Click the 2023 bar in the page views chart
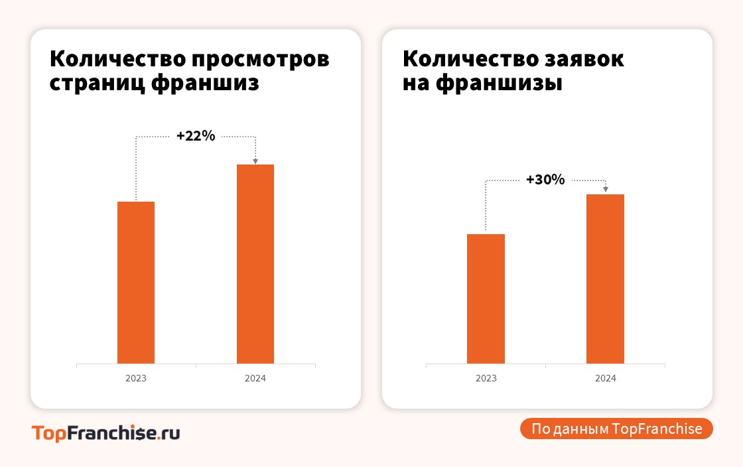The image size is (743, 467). (x=136, y=282)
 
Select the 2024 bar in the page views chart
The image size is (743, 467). (x=255, y=263)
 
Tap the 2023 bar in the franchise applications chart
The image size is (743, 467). (x=486, y=299)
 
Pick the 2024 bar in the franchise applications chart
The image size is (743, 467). (x=605, y=279)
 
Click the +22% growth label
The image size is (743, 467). (x=196, y=136)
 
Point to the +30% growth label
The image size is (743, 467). (x=545, y=180)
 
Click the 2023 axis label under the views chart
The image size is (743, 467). (x=136, y=378)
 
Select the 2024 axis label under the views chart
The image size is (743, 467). (x=255, y=378)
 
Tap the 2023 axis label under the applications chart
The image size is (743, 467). (x=486, y=378)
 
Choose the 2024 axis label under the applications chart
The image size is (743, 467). (x=605, y=378)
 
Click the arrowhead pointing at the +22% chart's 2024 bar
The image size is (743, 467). (x=255, y=161)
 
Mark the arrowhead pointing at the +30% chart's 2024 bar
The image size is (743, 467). (x=605, y=190)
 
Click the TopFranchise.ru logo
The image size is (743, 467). (x=106, y=433)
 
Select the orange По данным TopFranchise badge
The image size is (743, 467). (x=616, y=429)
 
